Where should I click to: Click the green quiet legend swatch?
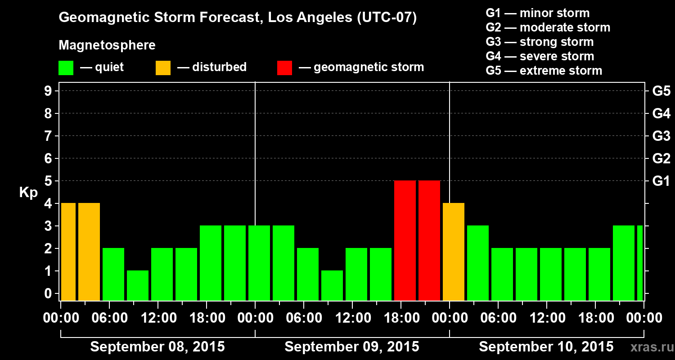tap(66, 67)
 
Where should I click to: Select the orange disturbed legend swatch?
tap(163, 67)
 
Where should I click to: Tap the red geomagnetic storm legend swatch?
tap(284, 67)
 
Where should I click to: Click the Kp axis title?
tap(28, 192)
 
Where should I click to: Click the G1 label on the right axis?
tap(661, 181)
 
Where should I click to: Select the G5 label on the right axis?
tap(661, 91)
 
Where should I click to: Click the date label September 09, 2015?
tap(352, 347)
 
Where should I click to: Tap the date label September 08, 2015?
tap(157, 347)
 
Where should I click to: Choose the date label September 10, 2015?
tap(546, 347)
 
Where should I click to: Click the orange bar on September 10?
tap(453, 252)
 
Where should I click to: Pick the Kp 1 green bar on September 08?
tap(138, 285)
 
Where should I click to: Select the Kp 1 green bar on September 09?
tap(332, 285)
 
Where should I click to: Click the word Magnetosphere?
tap(107, 45)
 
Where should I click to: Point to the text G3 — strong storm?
tap(540, 42)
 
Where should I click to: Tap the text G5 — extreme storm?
tap(544, 71)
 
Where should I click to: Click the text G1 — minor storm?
tap(537, 13)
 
